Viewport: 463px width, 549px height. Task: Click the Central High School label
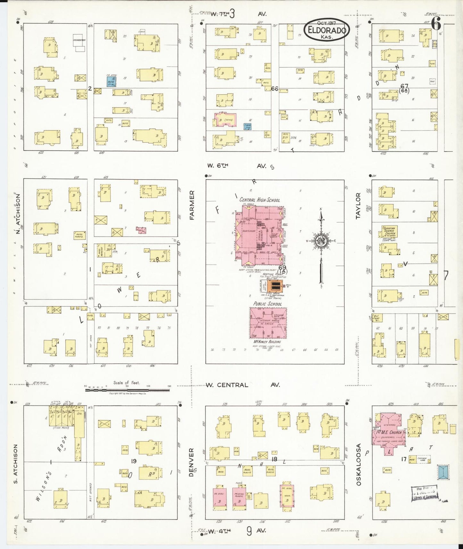tap(260, 200)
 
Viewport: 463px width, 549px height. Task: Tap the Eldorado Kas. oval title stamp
tap(327, 29)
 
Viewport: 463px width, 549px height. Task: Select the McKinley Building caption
tap(267, 342)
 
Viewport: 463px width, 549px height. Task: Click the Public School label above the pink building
tap(268, 304)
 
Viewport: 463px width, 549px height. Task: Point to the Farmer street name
tap(192, 205)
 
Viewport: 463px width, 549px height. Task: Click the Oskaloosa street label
tap(359, 464)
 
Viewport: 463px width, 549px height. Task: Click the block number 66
tap(274, 89)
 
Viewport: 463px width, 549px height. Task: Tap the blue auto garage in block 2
tap(111, 81)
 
